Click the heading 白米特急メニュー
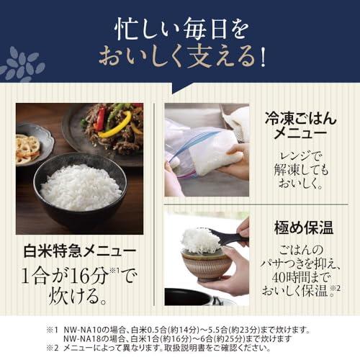click(80, 251)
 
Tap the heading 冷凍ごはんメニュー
click(301, 125)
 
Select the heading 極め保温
click(304, 228)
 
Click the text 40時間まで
click(301, 277)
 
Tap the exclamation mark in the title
click(263, 57)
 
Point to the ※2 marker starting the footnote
click(52, 348)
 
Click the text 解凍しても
click(301, 170)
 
